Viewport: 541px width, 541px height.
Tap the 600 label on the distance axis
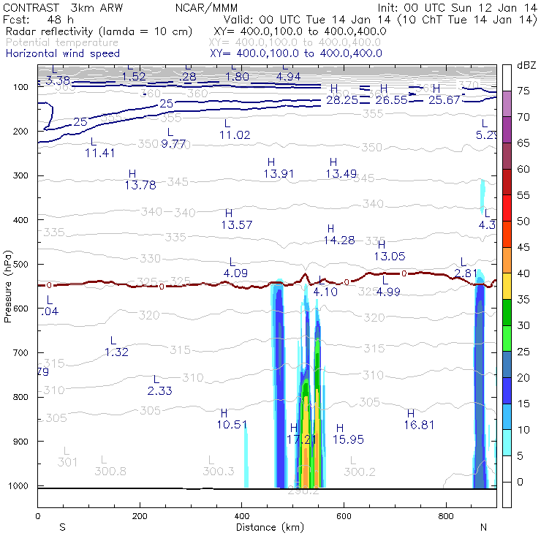pyautogui.click(x=344, y=515)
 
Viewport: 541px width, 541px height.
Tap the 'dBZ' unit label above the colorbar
pyautogui.click(x=526, y=65)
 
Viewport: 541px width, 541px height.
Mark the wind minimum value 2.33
pyautogui.click(x=159, y=391)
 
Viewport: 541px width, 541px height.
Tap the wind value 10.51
pyautogui.click(x=232, y=424)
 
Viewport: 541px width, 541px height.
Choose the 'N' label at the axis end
pyautogui.click(x=483, y=527)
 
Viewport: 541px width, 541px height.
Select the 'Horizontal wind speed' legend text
pyautogui.click(x=65, y=53)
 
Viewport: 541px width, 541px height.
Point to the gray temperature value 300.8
pyautogui.click(x=110, y=471)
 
